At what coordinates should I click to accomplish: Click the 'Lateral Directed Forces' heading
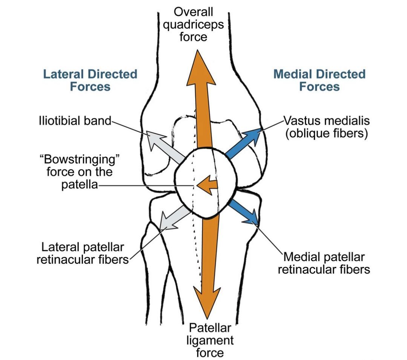click(x=90, y=80)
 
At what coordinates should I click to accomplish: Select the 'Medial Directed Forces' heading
click(x=320, y=80)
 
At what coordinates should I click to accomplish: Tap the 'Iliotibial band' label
click(x=75, y=121)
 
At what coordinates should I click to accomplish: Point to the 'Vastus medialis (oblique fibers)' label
click(x=326, y=127)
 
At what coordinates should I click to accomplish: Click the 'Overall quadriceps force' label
click(x=193, y=24)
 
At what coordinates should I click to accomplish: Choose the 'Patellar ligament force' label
click(x=210, y=340)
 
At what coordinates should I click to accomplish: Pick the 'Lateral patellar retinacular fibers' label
click(x=83, y=253)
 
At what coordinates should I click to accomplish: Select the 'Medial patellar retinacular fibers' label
click(x=324, y=263)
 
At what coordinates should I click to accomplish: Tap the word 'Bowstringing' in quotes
click(x=80, y=159)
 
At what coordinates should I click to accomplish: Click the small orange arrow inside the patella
click(x=207, y=185)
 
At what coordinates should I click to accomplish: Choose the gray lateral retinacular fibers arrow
click(x=175, y=220)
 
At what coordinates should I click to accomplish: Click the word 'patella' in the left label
click(x=80, y=185)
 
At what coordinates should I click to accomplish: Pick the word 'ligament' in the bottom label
click(x=210, y=341)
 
